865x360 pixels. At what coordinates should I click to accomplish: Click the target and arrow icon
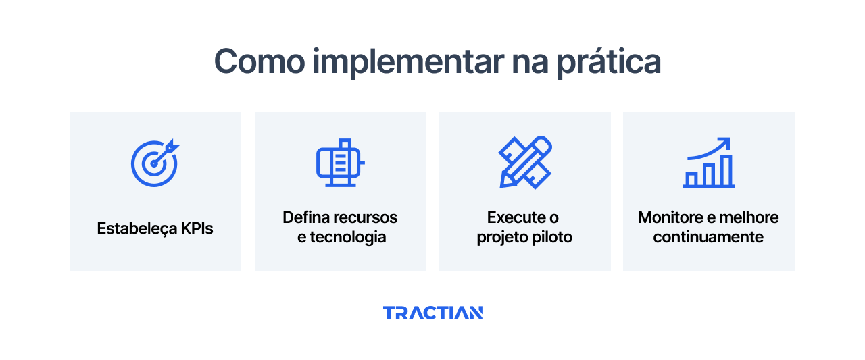[x=155, y=163]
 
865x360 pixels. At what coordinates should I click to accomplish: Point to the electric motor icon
[x=340, y=163]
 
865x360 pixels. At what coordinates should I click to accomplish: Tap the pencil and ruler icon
[x=524, y=163]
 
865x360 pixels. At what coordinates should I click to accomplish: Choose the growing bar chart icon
[x=708, y=163]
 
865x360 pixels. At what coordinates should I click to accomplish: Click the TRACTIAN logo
[x=432, y=313]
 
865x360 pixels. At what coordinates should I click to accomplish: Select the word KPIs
[x=197, y=228]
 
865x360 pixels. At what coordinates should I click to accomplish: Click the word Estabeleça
[x=137, y=228]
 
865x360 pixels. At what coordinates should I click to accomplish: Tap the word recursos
[x=367, y=217]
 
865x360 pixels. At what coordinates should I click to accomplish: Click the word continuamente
[x=708, y=238]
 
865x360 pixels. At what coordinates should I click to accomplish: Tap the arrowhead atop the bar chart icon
[x=725, y=143]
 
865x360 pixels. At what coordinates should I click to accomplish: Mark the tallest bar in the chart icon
[x=726, y=171]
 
